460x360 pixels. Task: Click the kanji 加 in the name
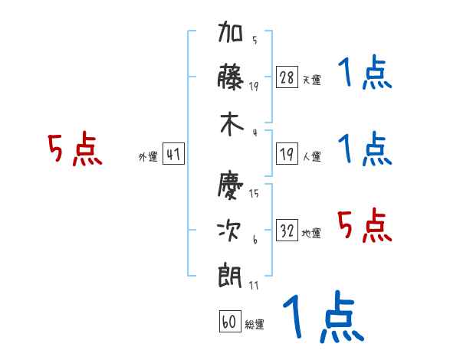[231, 31]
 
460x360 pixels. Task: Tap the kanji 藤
[231, 77]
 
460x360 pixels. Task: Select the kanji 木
[232, 124]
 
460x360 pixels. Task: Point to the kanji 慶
[231, 185]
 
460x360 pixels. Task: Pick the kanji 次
[229, 231]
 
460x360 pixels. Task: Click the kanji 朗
[230, 276]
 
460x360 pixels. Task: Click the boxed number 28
[287, 77]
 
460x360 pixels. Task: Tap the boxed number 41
[173, 154]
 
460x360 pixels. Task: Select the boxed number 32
[287, 230]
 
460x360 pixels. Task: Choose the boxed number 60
[230, 321]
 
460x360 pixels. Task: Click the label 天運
[312, 80]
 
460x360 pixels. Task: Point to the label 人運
[312, 156]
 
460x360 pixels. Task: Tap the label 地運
[311, 234]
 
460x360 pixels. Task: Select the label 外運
[148, 157]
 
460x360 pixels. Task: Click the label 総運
[255, 325]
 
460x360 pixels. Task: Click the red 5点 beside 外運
[75, 149]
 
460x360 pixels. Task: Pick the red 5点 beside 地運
[365, 225]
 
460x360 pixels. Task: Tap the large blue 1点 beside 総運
[324, 316]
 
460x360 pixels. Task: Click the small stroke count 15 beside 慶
[254, 193]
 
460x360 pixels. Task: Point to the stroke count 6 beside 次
[255, 240]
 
